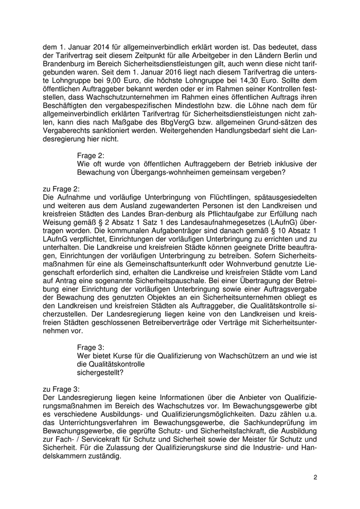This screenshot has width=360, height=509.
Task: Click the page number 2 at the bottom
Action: pyautogui.click(x=315, y=478)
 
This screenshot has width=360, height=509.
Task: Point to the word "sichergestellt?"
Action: pyautogui.click(x=100, y=372)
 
